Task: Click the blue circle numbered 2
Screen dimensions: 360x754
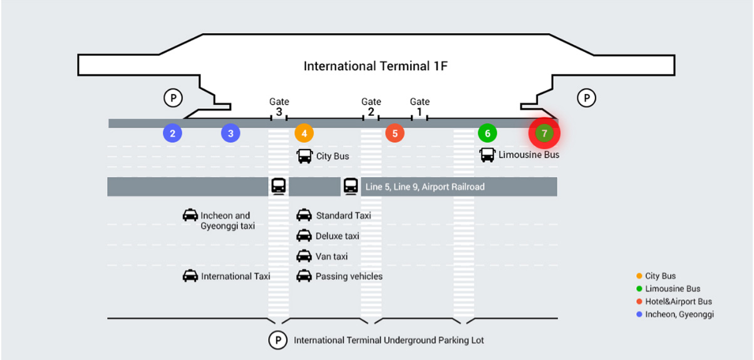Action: tap(172, 133)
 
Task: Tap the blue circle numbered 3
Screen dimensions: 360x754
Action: tap(230, 133)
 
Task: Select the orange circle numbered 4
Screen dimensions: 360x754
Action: tap(304, 133)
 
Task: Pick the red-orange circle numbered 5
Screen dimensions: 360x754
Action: tap(395, 133)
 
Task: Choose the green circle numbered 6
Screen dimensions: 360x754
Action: tap(487, 133)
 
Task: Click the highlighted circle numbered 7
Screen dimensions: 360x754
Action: tap(544, 133)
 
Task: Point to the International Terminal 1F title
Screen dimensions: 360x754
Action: tap(376, 66)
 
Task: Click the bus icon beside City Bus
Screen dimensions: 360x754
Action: tap(304, 156)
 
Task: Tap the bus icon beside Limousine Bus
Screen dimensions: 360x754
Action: tap(487, 155)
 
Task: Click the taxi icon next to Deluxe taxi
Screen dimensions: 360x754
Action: tap(304, 236)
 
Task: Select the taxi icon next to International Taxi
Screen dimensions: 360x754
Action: tap(190, 276)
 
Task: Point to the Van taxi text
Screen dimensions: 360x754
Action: tap(331, 256)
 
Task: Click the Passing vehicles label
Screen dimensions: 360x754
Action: tap(349, 276)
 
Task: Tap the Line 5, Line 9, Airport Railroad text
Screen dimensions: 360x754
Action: tap(425, 187)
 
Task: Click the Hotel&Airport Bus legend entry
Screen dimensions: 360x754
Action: tap(678, 302)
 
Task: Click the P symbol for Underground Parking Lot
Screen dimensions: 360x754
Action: tap(277, 340)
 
